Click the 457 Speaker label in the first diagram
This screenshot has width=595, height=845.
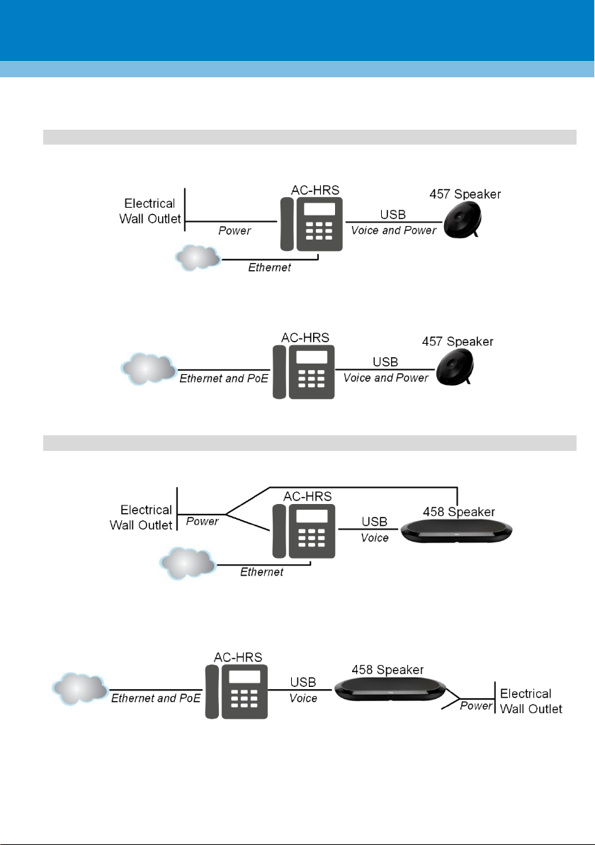(465, 194)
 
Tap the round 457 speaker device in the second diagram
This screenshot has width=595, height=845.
(455, 366)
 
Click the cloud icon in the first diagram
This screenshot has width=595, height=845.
(198, 257)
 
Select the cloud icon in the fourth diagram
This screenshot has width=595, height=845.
(80, 689)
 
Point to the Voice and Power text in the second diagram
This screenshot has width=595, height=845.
(386, 378)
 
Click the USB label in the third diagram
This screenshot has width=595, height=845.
(374, 522)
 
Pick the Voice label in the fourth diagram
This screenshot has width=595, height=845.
(303, 698)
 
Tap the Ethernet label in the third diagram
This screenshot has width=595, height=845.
(261, 572)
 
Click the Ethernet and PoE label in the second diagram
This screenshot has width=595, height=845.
(223, 379)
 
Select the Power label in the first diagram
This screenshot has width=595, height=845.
(234, 230)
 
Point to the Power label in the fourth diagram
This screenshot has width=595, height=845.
(476, 705)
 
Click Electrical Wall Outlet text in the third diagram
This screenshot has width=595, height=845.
(141, 517)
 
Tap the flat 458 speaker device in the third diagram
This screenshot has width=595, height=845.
(457, 532)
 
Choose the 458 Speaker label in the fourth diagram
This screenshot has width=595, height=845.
(387, 670)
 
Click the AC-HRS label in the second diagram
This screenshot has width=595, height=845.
(305, 338)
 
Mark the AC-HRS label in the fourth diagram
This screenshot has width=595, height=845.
(238, 657)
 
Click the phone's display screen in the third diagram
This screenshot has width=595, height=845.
(312, 516)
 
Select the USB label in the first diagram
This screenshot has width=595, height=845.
(393, 215)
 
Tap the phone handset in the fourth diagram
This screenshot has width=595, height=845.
(212, 692)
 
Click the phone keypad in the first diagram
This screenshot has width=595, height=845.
(319, 230)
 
